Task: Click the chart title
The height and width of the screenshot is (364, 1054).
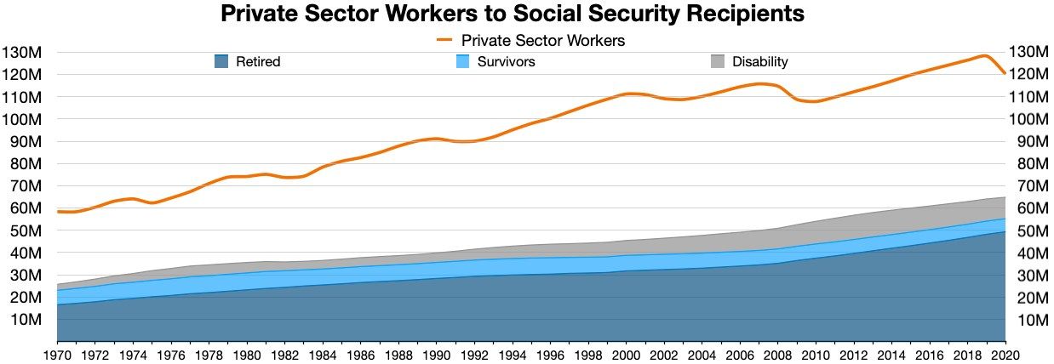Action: pyautogui.click(x=513, y=14)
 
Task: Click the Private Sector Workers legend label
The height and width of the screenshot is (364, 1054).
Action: pyautogui.click(x=543, y=40)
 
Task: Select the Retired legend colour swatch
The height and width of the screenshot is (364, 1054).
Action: pyautogui.click(x=221, y=61)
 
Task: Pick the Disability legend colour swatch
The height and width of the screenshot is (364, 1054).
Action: pyautogui.click(x=718, y=61)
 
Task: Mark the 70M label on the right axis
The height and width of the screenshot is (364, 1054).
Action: pyautogui.click(x=1027, y=186)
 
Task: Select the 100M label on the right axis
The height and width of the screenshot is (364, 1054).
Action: pyautogui.click(x=1030, y=119)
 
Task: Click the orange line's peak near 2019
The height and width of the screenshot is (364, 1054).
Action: pyautogui.click(x=985, y=56)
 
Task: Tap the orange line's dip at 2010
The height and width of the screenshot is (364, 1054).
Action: pyautogui.click(x=816, y=101)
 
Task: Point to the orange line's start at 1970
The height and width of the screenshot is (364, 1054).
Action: pyautogui.click(x=58, y=211)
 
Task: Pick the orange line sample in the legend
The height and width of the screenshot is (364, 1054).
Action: pyautogui.click(x=447, y=40)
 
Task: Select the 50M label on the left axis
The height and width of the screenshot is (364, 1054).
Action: pyautogui.click(x=24, y=230)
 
